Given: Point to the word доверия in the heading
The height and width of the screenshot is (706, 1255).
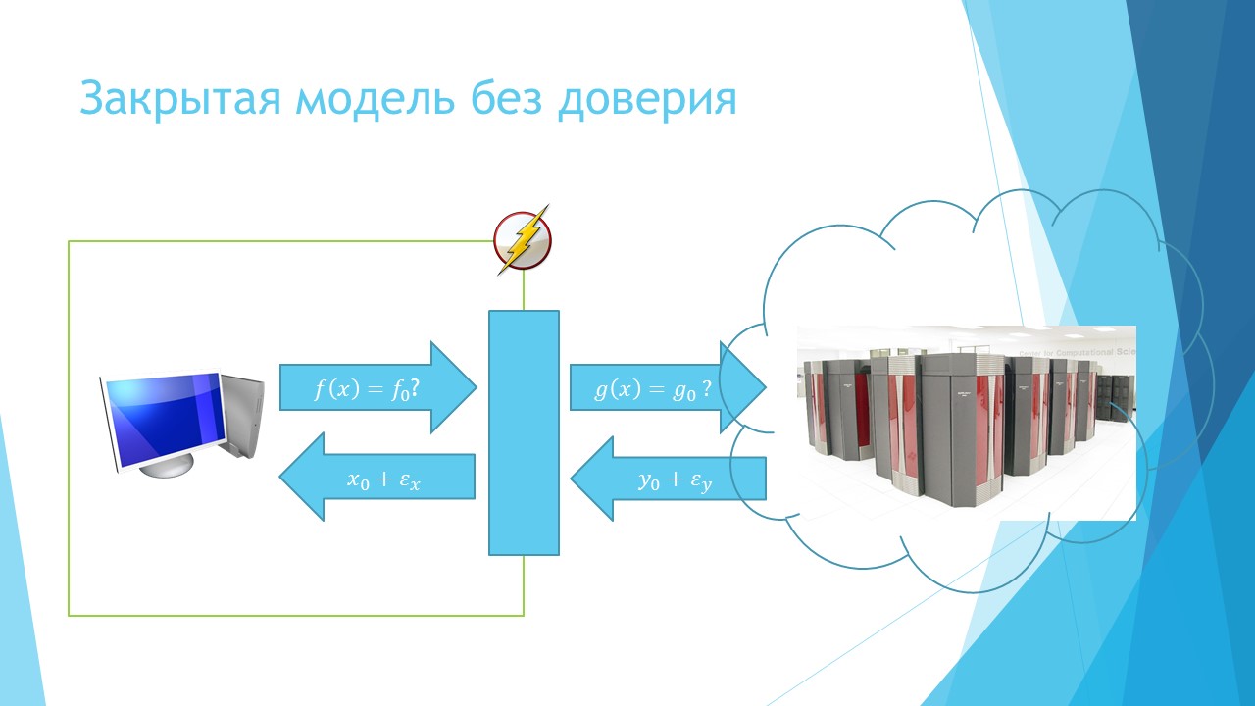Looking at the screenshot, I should (x=647, y=99).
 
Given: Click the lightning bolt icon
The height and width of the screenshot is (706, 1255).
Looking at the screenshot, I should (x=523, y=240).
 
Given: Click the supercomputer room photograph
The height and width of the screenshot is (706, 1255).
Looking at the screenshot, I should (x=966, y=422).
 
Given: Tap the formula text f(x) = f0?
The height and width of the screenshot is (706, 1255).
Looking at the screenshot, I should (x=367, y=389).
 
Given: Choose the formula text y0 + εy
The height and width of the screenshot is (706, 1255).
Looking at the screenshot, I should (x=675, y=479).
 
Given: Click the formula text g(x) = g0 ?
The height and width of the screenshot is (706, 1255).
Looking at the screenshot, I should (x=653, y=389).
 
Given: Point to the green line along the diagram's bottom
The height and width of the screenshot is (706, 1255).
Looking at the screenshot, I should (x=294, y=615).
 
